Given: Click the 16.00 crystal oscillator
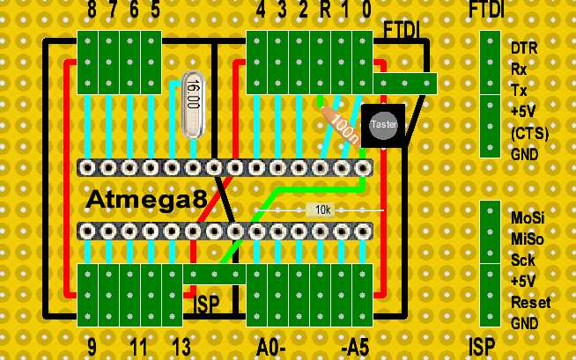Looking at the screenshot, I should pos(193,104).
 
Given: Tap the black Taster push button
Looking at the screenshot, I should pos(383,126).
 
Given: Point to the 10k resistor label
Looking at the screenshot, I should pos(323,210).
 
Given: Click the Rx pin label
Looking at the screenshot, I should pos(520,68).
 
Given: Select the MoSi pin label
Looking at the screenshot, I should pos(527,217).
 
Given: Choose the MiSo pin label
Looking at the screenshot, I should pos(527,239).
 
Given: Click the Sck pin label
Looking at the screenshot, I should pos(522,260).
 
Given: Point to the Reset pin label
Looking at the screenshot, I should pos(530,302).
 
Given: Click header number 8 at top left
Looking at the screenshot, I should pos(92,11).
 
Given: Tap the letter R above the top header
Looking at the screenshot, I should pos(325,11).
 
